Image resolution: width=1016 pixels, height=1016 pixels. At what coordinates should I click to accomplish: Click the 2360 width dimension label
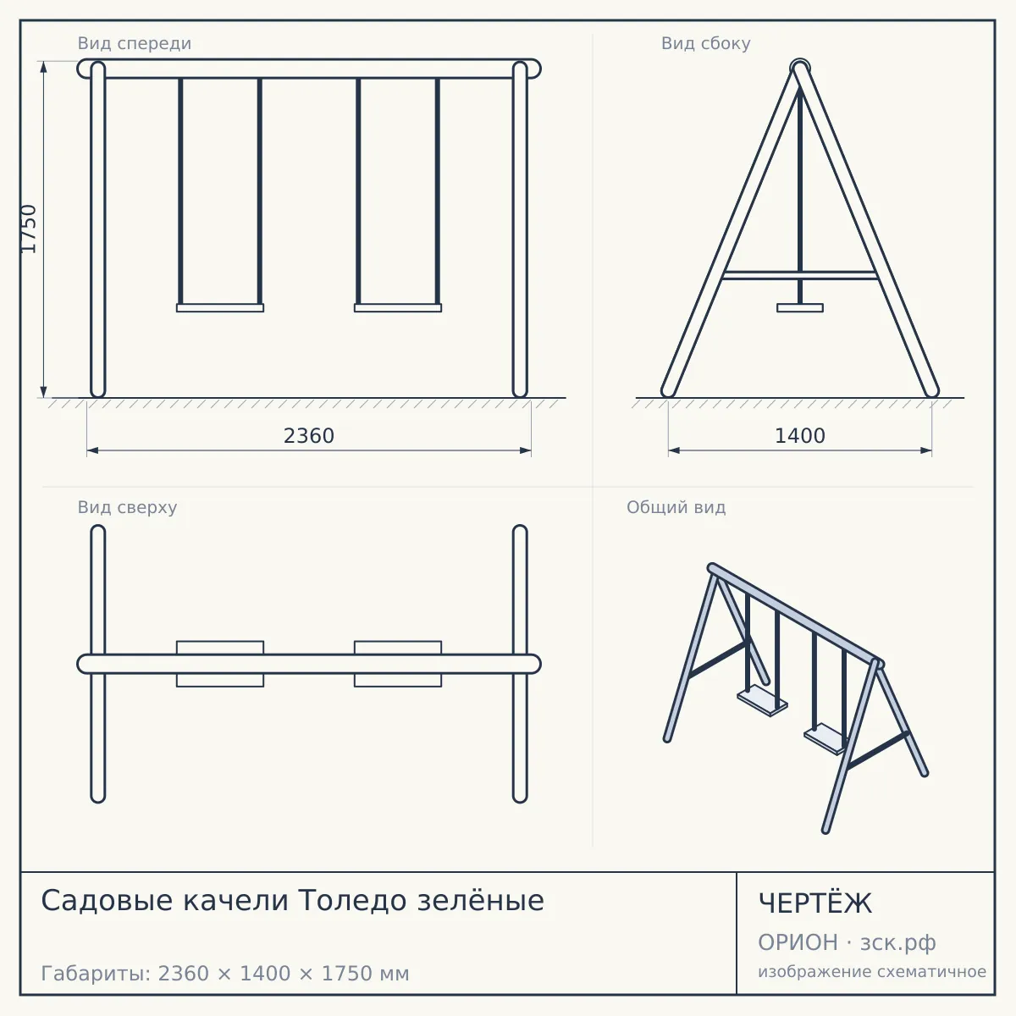[309, 436]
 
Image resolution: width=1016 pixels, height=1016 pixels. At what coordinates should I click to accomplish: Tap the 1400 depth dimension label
[800, 436]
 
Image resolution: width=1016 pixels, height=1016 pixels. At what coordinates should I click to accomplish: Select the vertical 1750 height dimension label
[29, 229]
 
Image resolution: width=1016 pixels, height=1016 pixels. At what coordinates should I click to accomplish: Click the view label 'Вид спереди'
[135, 43]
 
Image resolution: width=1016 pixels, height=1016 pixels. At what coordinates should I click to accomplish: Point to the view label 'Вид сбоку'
[706, 43]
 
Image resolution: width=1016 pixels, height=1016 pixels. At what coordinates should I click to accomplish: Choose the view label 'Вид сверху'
[127, 507]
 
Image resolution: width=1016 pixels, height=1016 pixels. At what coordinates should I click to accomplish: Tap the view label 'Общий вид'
[676, 507]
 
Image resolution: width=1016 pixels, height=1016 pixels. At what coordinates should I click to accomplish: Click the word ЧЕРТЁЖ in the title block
[815, 903]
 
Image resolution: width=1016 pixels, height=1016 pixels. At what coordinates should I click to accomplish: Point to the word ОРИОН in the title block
[798, 942]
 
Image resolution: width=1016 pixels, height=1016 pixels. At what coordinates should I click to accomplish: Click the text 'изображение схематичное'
[872, 971]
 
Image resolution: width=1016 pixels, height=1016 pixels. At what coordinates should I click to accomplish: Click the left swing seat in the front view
[220, 308]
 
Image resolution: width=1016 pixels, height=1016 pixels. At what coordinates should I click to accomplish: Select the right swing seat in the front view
[398, 308]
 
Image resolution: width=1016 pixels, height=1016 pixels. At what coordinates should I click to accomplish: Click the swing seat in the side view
[800, 308]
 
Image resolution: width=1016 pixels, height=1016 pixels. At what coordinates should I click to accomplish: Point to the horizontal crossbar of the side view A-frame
[800, 275]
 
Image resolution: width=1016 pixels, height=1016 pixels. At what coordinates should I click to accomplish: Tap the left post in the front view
[98, 229]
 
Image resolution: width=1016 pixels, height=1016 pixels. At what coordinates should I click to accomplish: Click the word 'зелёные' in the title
[480, 900]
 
